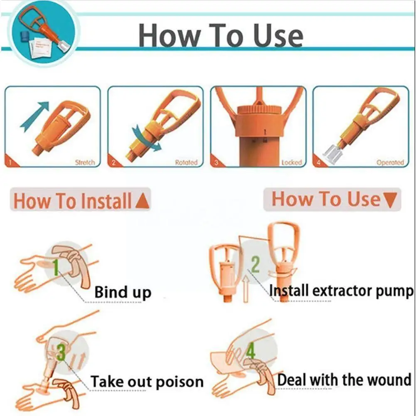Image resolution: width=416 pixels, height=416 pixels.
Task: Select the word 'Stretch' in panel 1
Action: click(x=85, y=162)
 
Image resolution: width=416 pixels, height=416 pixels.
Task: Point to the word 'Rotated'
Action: click(x=186, y=162)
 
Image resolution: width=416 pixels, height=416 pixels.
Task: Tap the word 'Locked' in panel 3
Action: click(x=291, y=162)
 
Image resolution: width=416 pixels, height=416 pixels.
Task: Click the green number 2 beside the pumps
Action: click(x=255, y=264)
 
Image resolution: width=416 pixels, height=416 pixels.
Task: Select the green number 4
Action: click(x=251, y=352)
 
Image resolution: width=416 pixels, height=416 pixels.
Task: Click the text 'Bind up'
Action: click(x=123, y=292)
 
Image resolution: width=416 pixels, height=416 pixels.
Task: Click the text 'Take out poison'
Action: click(x=147, y=381)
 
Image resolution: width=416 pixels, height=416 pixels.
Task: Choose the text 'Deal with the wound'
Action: click(x=344, y=379)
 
